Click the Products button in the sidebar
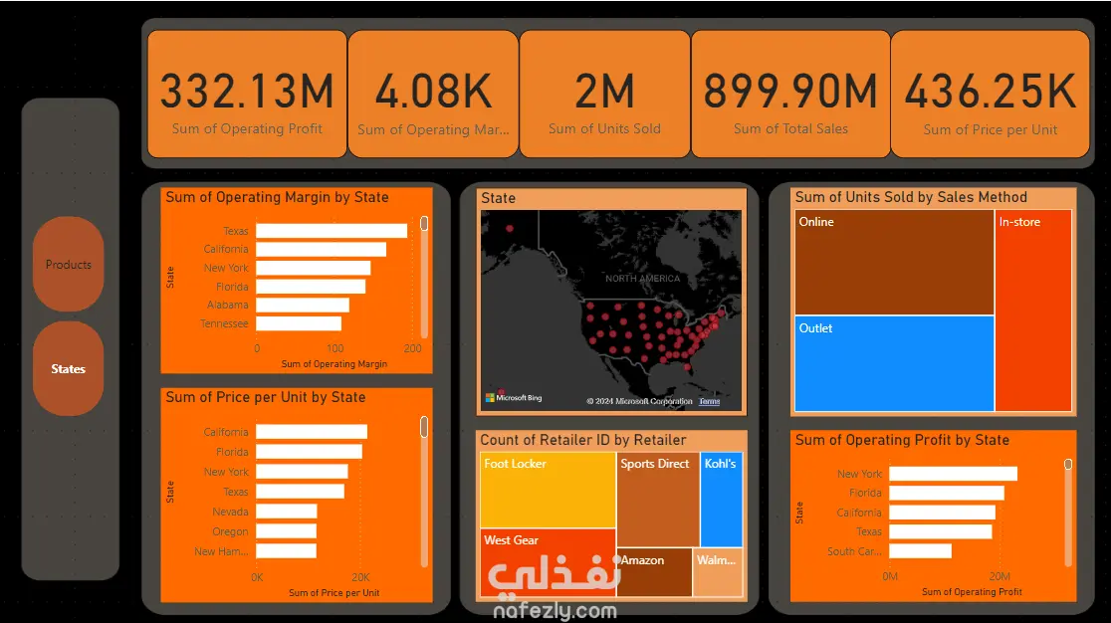pyautogui.click(x=68, y=265)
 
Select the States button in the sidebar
pyautogui.click(x=68, y=369)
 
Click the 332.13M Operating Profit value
pyautogui.click(x=247, y=92)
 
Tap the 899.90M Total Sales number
pyautogui.click(x=790, y=92)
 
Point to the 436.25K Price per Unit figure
pyautogui.click(x=990, y=92)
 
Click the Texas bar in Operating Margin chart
pyautogui.click(x=332, y=231)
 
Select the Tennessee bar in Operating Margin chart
pyautogui.click(x=299, y=323)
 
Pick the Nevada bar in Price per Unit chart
pyautogui.click(x=286, y=512)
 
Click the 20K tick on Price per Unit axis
pyautogui.click(x=360, y=577)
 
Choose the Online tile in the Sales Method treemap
pyautogui.click(x=894, y=263)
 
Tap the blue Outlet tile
pyautogui.click(x=894, y=363)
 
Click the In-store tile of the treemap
pyautogui.click(x=1033, y=311)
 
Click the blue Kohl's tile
pyautogui.click(x=721, y=499)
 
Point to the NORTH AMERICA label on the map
pyautogui.click(x=642, y=279)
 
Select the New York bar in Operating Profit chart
pyautogui.click(x=953, y=474)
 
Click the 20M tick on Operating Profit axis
pyautogui.click(x=999, y=577)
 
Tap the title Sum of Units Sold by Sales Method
pyautogui.click(x=911, y=197)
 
